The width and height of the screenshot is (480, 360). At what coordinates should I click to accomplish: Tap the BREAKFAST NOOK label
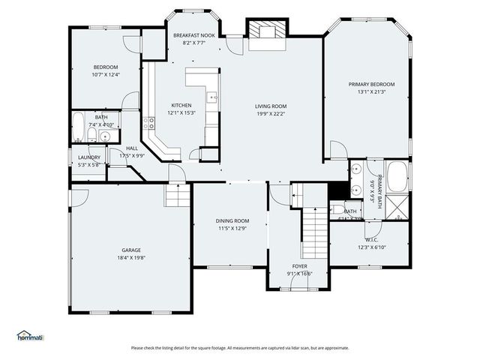pos(193,35)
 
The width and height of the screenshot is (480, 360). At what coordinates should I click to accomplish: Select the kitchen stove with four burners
pos(150,121)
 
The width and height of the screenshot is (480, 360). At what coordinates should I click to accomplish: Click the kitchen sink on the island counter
pos(213,96)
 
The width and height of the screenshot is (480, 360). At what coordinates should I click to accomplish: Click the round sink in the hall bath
pos(106,136)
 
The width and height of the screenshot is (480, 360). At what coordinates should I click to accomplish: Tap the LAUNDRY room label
pos(89,157)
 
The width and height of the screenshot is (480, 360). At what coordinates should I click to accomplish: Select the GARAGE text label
pos(131,250)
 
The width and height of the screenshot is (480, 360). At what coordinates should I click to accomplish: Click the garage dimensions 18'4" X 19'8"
pos(131,257)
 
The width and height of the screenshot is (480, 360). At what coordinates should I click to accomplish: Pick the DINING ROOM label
pos(232,220)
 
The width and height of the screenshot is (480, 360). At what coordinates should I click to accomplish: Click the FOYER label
pos(299,266)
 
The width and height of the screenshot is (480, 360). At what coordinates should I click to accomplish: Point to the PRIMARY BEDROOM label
pos(371,84)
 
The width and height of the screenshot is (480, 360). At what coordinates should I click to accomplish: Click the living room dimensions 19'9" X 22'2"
pos(271,113)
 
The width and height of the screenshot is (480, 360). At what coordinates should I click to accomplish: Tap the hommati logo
pos(30,335)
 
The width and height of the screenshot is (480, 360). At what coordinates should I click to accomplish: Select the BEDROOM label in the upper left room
pos(105,67)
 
